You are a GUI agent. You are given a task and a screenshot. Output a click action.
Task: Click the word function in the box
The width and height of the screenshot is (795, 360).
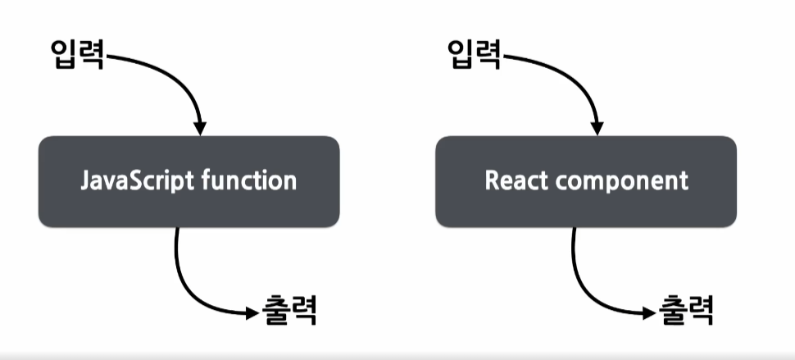pyautogui.click(x=248, y=180)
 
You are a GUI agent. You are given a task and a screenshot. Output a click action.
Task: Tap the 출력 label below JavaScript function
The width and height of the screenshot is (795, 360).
pyautogui.click(x=289, y=311)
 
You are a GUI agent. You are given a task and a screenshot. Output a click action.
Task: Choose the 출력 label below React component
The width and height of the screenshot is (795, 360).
pyautogui.click(x=687, y=311)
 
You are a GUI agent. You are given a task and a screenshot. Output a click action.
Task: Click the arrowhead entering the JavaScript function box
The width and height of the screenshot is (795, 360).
pyautogui.click(x=199, y=128)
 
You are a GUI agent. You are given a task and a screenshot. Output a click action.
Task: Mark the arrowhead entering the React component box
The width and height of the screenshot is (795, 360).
pyautogui.click(x=596, y=128)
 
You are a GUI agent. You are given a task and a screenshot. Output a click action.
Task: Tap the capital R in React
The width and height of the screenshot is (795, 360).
pyautogui.click(x=493, y=180)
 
